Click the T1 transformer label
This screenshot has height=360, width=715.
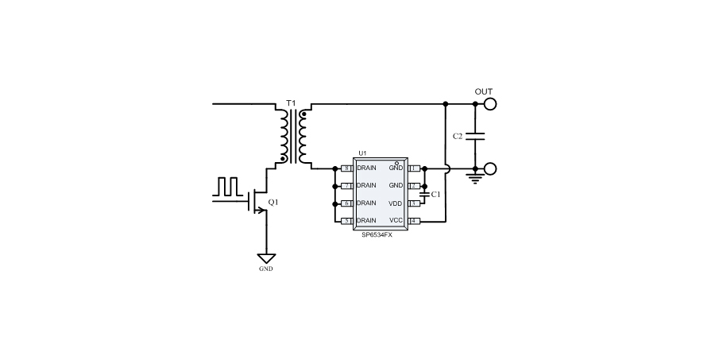pos(290,104)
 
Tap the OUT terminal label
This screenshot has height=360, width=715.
pos(483,91)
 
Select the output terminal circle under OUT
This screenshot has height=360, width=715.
pos(491,103)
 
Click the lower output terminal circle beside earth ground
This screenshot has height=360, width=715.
pos(491,168)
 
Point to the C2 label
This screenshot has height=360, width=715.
pos(458,137)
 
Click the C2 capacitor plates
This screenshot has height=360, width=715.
pos(475,136)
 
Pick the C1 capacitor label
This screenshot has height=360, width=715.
pos(435,194)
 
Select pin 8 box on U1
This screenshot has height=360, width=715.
pos(346,168)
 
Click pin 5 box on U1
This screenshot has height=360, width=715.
pos(346,220)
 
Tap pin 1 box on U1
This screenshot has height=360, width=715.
pos(413,168)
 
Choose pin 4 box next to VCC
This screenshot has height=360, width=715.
pos(413,220)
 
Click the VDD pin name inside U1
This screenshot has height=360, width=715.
pos(396,203)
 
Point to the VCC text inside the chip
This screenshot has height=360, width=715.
pos(396,220)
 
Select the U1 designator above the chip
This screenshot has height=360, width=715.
pos(362,153)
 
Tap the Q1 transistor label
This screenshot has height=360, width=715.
pos(273,203)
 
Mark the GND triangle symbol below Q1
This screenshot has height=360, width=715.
pos(266,258)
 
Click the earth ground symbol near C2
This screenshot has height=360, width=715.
pos(475,180)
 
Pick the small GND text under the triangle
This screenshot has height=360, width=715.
pos(266,269)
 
